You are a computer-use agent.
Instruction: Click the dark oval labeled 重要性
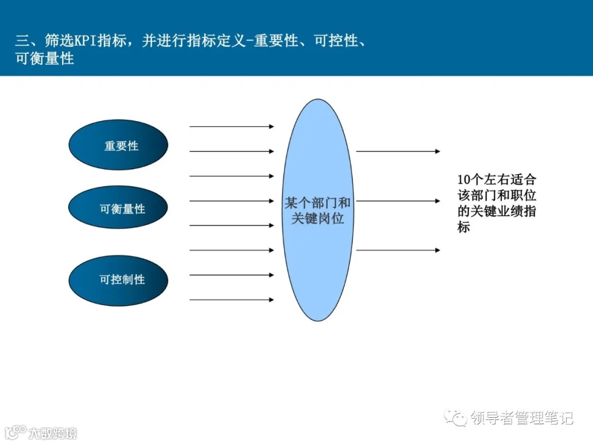[x=118, y=145]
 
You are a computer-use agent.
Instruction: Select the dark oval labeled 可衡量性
[x=118, y=208]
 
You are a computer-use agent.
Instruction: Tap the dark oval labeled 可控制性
[x=118, y=279]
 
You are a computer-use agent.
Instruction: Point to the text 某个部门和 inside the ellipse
[x=317, y=203]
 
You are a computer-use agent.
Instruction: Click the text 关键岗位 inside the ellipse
[x=317, y=218]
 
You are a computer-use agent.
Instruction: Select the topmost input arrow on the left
[x=231, y=127]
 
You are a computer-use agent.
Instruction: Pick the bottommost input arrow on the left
[x=231, y=300]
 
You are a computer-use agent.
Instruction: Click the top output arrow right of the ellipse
[x=398, y=151]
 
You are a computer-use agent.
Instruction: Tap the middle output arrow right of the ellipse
[x=398, y=201]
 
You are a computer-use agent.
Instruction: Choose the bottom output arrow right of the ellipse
[x=398, y=251]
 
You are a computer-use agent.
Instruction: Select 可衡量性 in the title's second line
[x=45, y=59]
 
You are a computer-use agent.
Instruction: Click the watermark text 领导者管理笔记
[x=522, y=418]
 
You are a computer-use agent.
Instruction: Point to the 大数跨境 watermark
[x=52, y=433]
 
